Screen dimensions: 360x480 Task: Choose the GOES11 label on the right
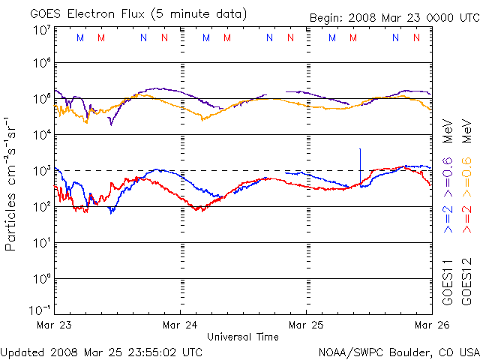[447, 281]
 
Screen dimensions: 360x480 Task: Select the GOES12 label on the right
[466, 281]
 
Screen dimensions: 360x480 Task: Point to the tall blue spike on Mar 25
[360, 161]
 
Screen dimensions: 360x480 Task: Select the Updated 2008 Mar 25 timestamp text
[101, 352]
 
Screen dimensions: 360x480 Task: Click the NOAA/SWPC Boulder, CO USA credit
[397, 352]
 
